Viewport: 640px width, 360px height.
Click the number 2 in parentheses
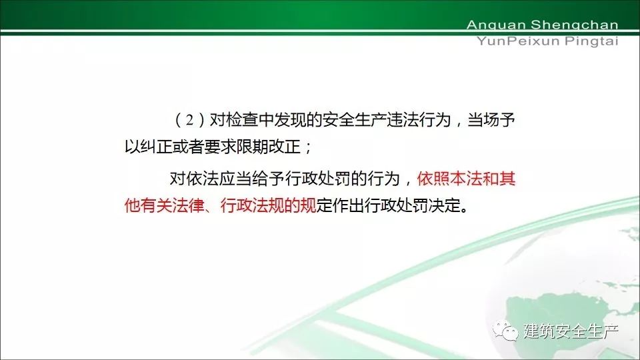point(189,121)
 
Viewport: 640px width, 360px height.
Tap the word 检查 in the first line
point(241,120)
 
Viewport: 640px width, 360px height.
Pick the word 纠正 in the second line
point(156,147)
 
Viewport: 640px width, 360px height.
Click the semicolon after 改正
point(307,149)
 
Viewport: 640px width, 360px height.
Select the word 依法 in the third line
point(201,179)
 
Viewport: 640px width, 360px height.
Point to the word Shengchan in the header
point(575,25)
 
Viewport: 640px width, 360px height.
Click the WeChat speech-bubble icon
point(505,330)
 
